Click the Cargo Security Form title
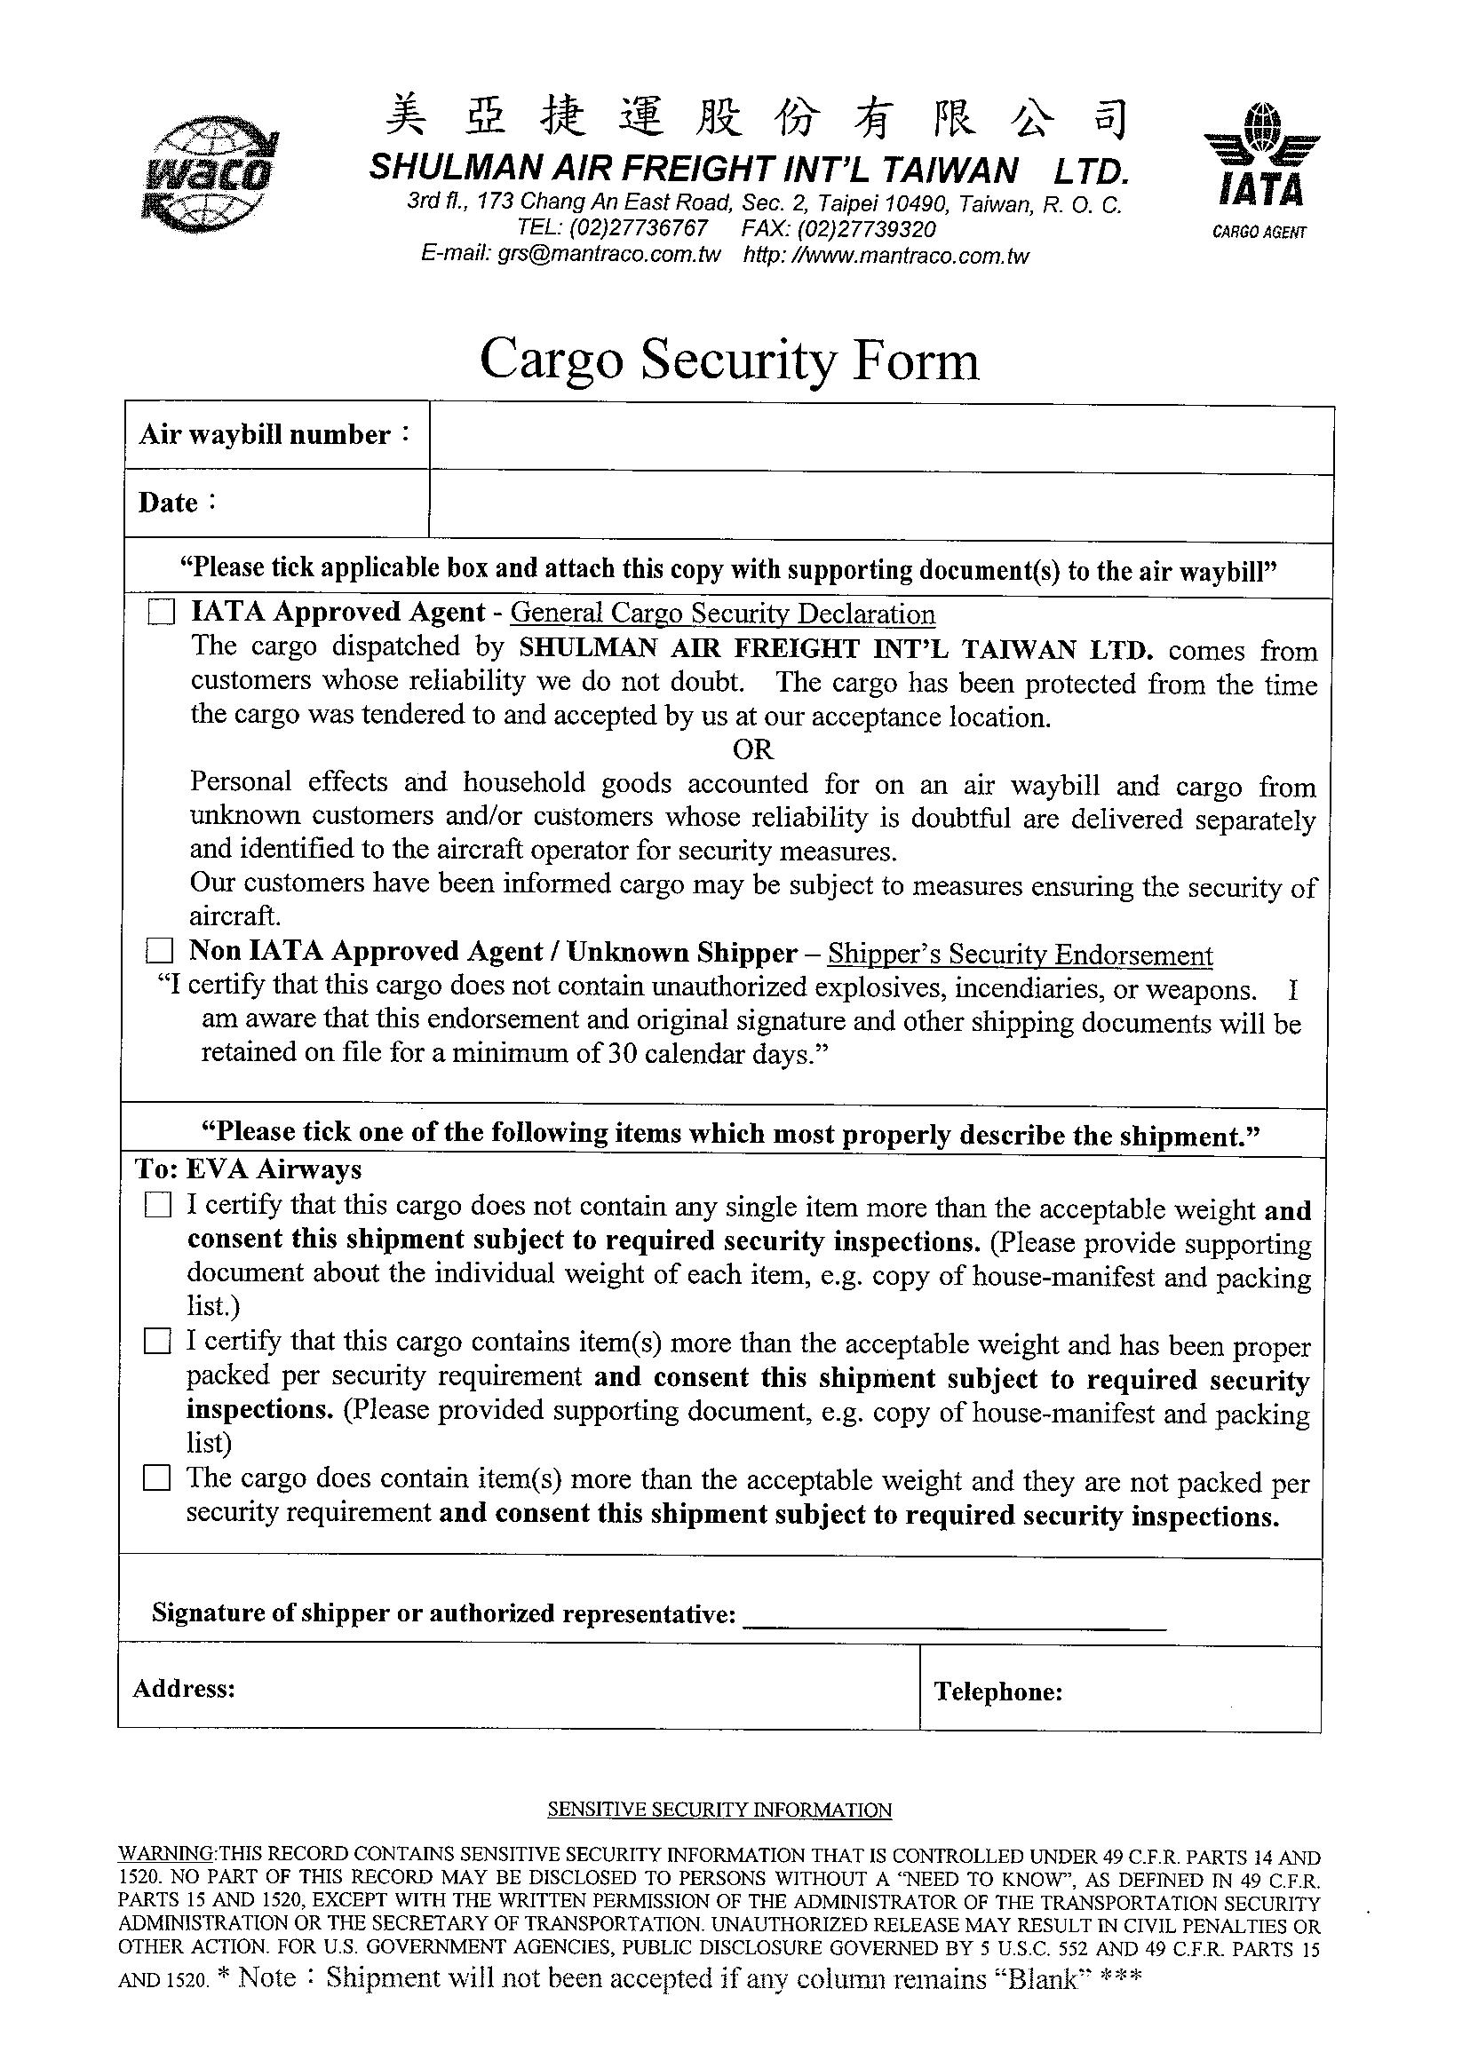click(728, 360)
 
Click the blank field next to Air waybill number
click(879, 440)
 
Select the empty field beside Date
click(879, 508)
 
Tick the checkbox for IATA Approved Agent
click(161, 614)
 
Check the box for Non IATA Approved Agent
click(160, 951)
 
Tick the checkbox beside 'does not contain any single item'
click(157, 1205)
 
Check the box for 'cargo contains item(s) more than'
click(157, 1341)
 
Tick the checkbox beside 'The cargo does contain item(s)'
click(157, 1478)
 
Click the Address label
click(184, 1688)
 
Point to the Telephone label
click(997, 1691)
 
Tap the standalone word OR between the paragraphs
click(752, 749)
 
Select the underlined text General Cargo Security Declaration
click(722, 614)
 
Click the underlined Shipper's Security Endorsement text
click(1020, 955)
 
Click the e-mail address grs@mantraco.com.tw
click(608, 254)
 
